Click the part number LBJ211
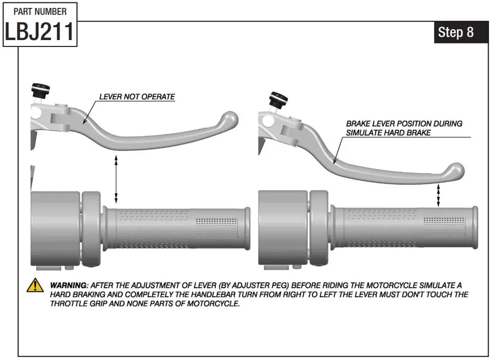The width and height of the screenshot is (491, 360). click(x=40, y=32)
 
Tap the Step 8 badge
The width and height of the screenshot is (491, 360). click(x=455, y=32)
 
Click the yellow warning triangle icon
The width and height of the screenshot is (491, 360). click(x=35, y=285)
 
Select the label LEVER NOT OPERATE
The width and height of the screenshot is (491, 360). click(x=137, y=96)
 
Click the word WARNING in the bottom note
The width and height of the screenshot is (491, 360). click(x=68, y=286)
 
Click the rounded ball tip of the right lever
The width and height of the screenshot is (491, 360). click(x=455, y=172)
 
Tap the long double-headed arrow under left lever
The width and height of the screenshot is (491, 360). click(x=116, y=179)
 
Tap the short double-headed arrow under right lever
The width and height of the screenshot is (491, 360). click(x=438, y=195)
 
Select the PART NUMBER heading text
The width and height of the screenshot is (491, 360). click(x=40, y=11)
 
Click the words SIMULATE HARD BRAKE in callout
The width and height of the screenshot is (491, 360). click(x=388, y=133)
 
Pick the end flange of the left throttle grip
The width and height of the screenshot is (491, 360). click(x=246, y=228)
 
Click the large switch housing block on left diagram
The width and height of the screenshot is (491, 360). click(x=54, y=227)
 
